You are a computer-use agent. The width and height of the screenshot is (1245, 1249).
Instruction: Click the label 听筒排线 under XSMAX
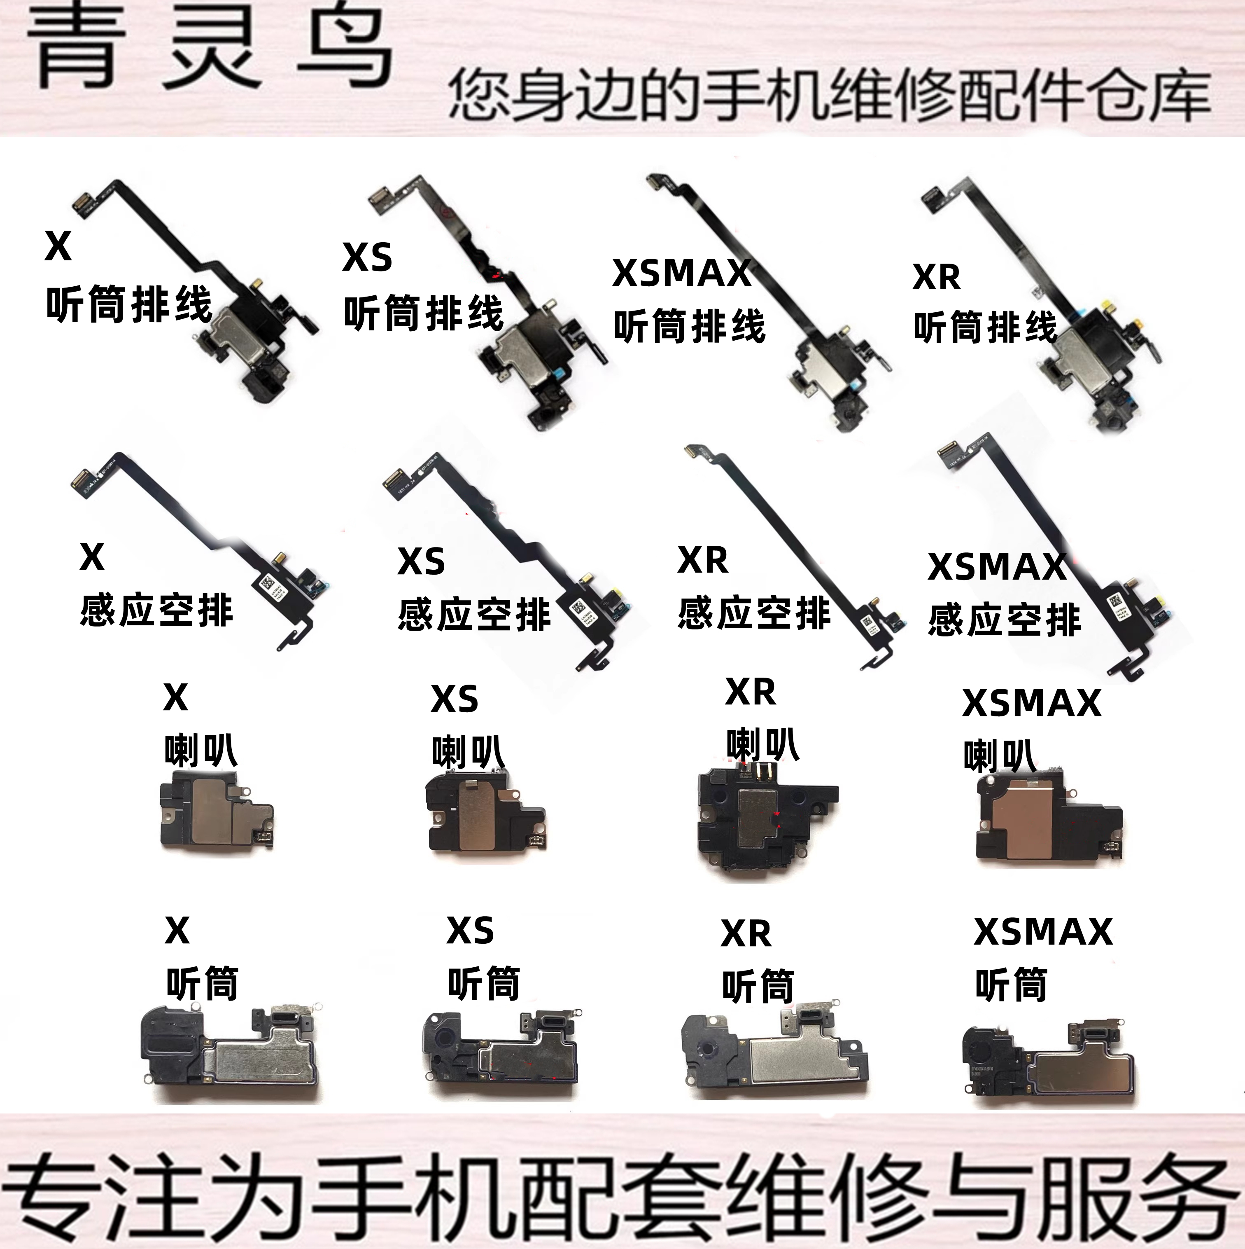[x=689, y=327]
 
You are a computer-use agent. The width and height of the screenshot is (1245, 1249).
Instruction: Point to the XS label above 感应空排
[x=421, y=561]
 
